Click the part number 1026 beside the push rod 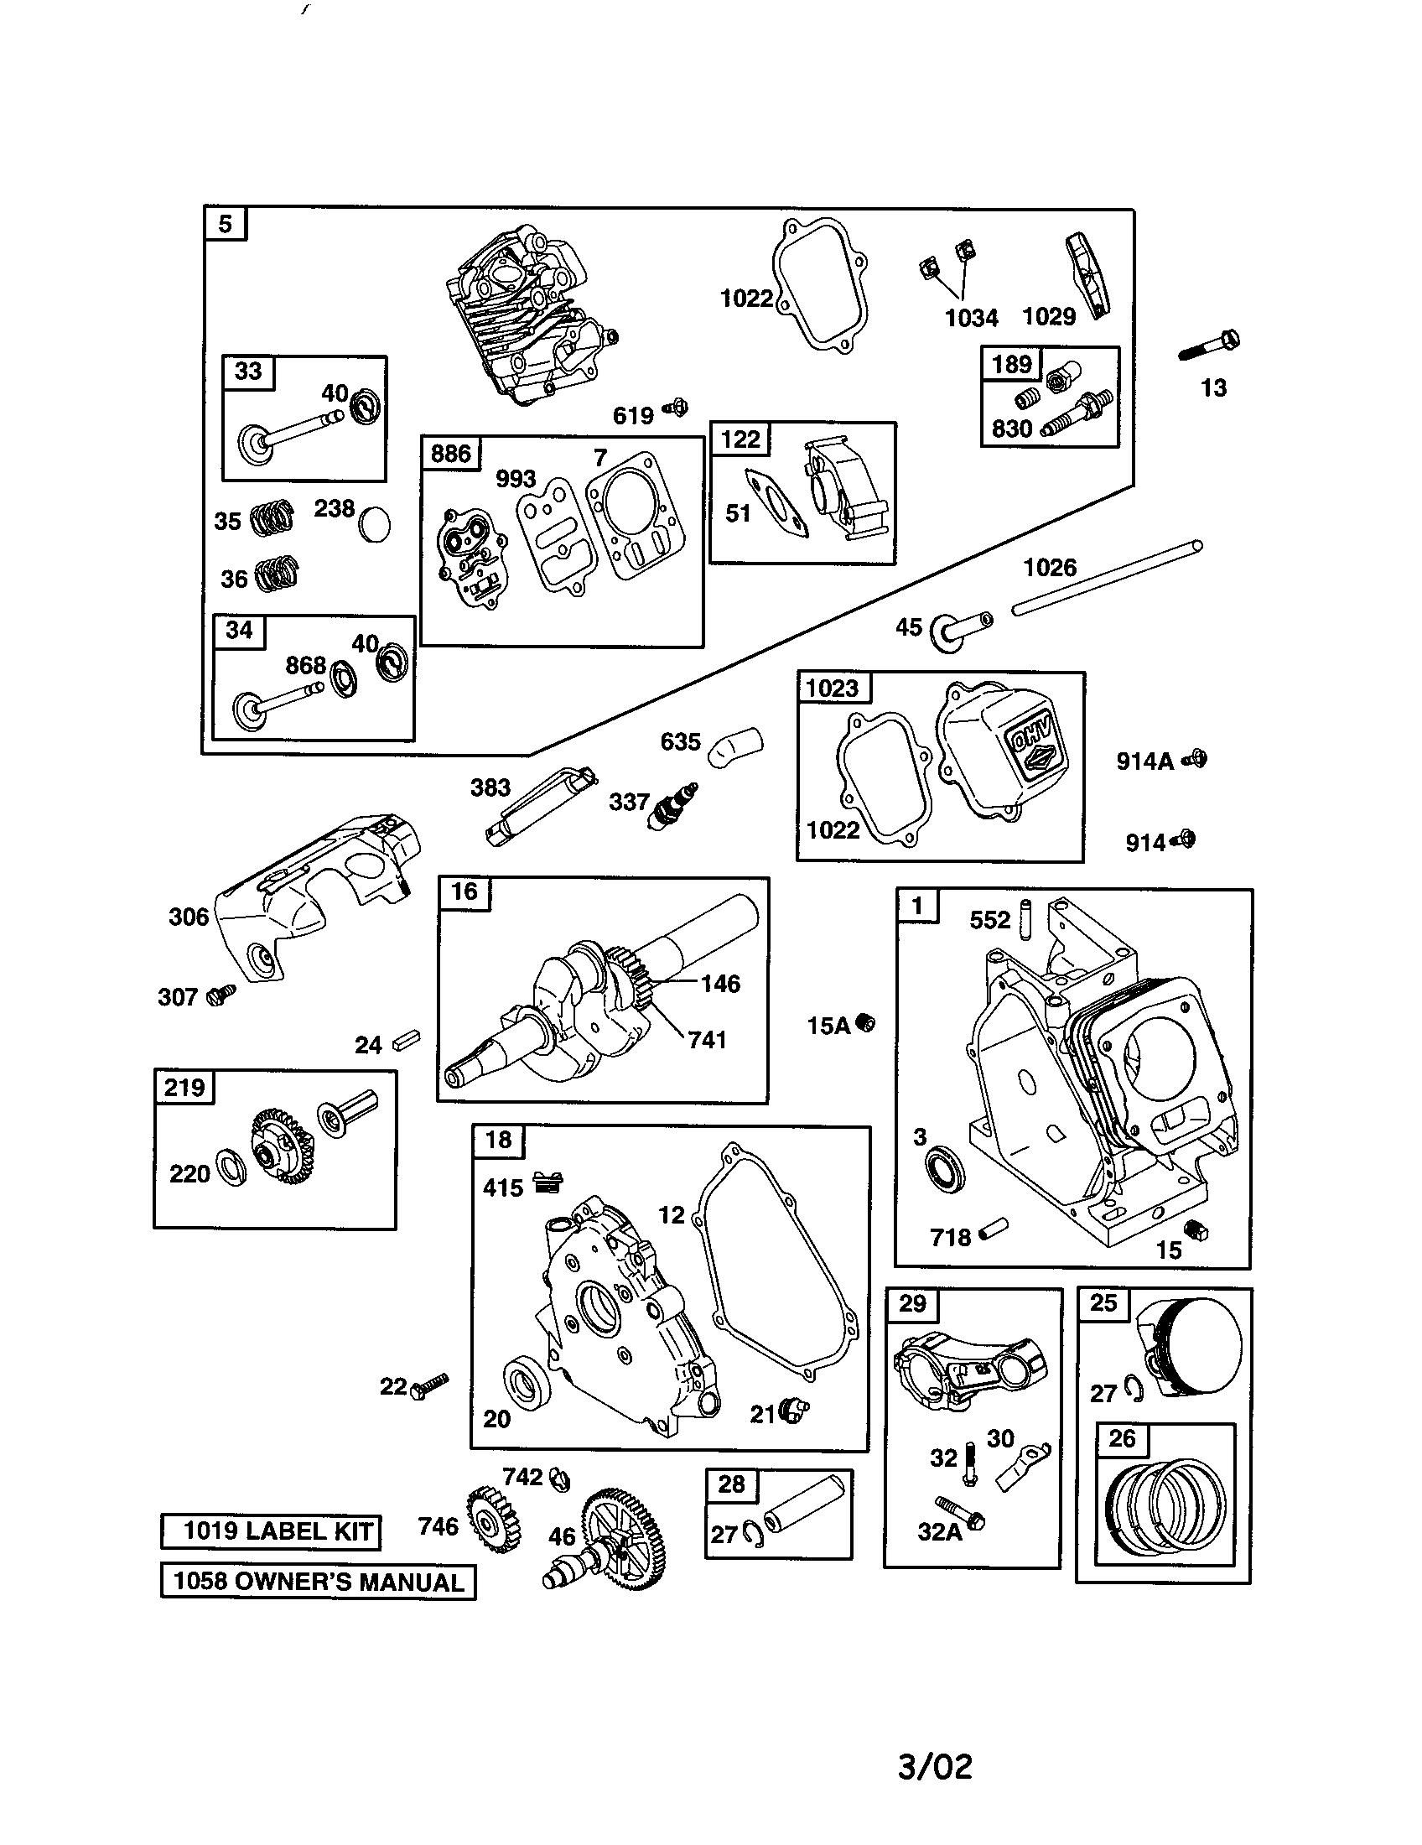pyautogui.click(x=1050, y=567)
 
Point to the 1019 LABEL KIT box pyautogui.click(x=271, y=1531)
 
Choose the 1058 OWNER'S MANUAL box pyautogui.click(x=318, y=1582)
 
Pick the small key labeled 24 pyautogui.click(x=406, y=1039)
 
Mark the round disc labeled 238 pyautogui.click(x=374, y=525)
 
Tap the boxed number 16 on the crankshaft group pyautogui.click(x=464, y=892)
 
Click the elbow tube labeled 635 pyautogui.click(x=736, y=746)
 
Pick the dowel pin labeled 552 pyautogui.click(x=1027, y=919)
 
